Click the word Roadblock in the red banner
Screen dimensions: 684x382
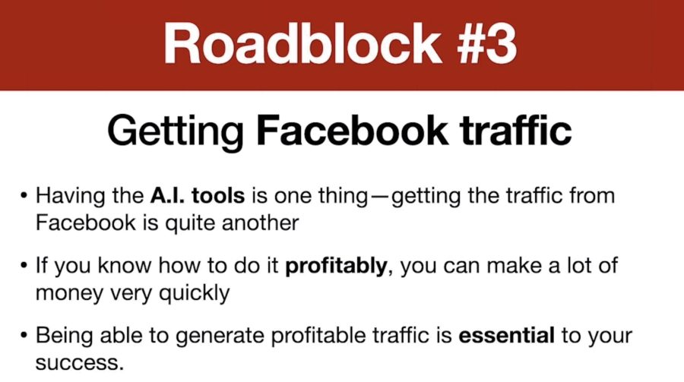click(x=302, y=44)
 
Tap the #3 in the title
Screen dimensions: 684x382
click(x=487, y=44)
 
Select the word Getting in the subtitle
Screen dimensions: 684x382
click(x=176, y=131)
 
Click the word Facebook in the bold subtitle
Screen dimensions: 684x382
click(x=352, y=130)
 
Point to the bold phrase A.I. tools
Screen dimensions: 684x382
click(x=198, y=195)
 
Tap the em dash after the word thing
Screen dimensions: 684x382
click(x=380, y=196)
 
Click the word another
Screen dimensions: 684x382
click(x=261, y=223)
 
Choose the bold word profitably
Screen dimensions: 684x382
click(x=336, y=267)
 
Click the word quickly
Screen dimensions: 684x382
click(x=194, y=293)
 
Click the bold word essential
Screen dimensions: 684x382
click(x=506, y=335)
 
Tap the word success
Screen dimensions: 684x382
click(x=80, y=364)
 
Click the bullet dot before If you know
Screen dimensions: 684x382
click(x=24, y=266)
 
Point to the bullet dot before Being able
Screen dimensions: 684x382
click(x=24, y=336)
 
